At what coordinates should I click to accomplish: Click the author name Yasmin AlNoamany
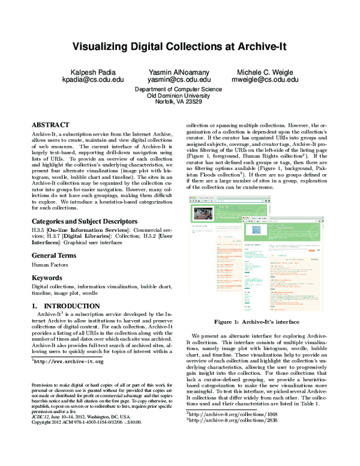pyautogui.click(x=179, y=71)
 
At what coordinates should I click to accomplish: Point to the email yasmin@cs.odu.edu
pyautogui.click(x=179, y=79)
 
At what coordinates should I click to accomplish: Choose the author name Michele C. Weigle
pyautogui.click(x=263, y=71)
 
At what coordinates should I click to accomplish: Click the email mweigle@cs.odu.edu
pyautogui.click(x=263, y=79)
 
